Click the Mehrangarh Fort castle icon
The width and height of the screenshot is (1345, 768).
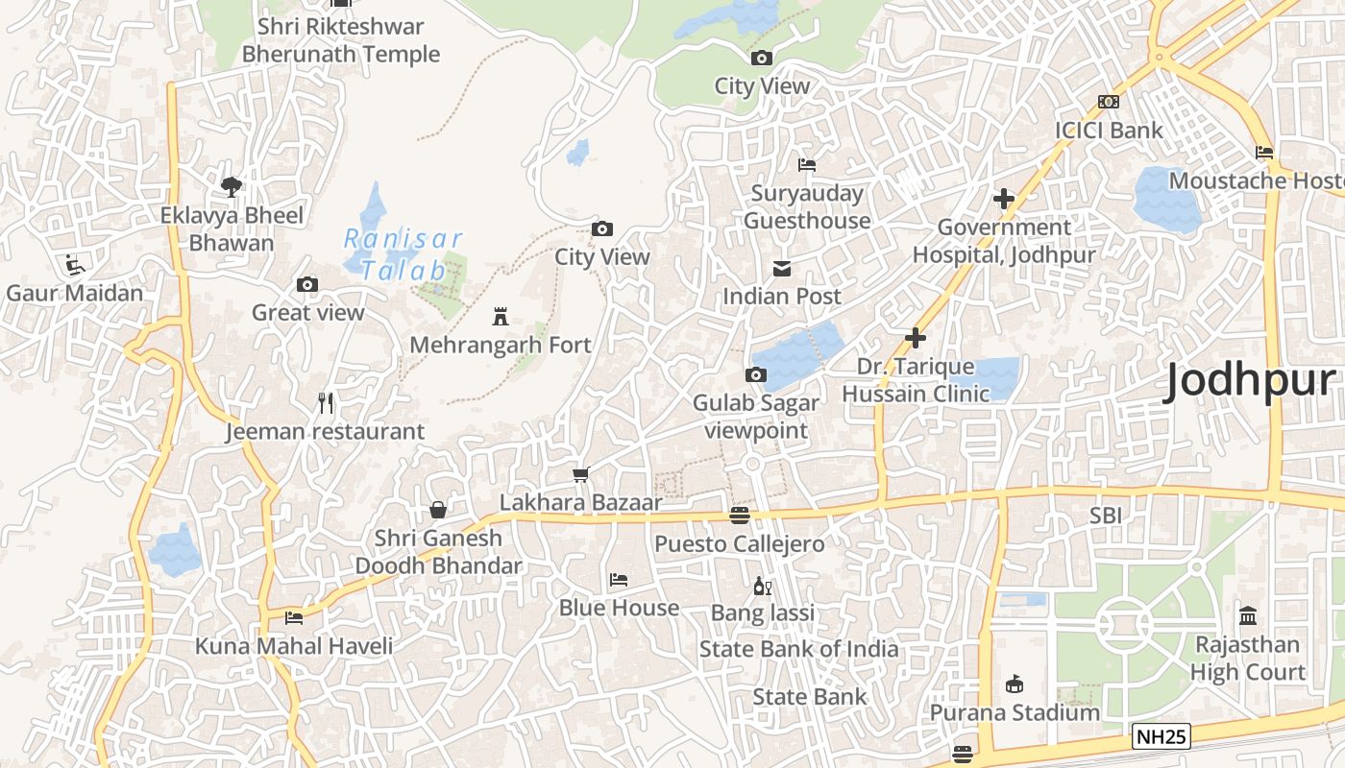pyautogui.click(x=500, y=316)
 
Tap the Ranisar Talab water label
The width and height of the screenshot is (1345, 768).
pyautogui.click(x=403, y=254)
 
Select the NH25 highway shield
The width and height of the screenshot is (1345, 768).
pyautogui.click(x=1161, y=737)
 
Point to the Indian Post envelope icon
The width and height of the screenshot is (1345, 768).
pyautogui.click(x=782, y=268)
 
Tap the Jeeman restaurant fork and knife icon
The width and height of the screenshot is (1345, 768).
pyautogui.click(x=326, y=403)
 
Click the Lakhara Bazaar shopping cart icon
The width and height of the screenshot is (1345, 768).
pyautogui.click(x=580, y=474)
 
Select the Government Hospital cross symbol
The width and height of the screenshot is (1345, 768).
pyautogui.click(x=1004, y=199)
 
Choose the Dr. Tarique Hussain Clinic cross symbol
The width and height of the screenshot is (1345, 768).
pyautogui.click(x=916, y=338)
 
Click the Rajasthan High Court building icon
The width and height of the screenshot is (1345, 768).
pyautogui.click(x=1247, y=615)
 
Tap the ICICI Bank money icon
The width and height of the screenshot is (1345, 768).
pyautogui.click(x=1109, y=102)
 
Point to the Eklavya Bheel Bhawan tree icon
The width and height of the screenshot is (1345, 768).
pyautogui.click(x=231, y=186)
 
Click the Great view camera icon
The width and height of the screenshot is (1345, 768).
pyautogui.click(x=307, y=284)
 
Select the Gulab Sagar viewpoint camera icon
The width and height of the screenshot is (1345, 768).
pyautogui.click(x=756, y=374)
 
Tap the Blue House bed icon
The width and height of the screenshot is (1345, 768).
pyautogui.click(x=619, y=580)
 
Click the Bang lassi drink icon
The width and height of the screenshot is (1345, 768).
pyautogui.click(x=763, y=585)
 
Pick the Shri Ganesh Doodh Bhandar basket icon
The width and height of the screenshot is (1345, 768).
pyautogui.click(x=438, y=509)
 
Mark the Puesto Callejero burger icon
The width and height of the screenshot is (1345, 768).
pyautogui.click(x=739, y=516)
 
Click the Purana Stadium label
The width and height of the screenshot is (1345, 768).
pyautogui.click(x=1015, y=712)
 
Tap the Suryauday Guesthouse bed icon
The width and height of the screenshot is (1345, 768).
pyautogui.click(x=807, y=165)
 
